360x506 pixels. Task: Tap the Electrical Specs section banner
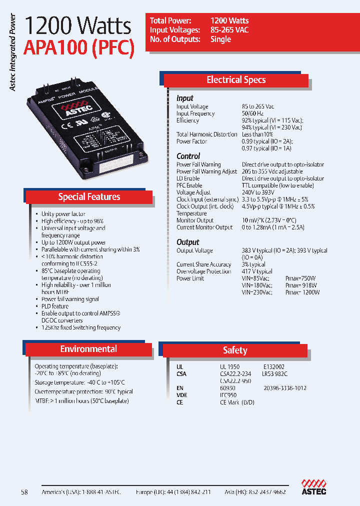coord(236,80)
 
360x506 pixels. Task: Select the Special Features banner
coord(89,197)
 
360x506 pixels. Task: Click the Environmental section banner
coord(88,349)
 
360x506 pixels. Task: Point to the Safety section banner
coord(235,350)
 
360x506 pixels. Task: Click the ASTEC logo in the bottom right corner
coord(313,487)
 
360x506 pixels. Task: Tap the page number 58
coord(24,492)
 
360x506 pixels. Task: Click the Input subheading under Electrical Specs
coord(184,98)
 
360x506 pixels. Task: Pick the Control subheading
coord(188,156)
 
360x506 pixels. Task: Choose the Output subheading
coord(187,242)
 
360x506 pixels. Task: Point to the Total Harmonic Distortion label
coord(206,134)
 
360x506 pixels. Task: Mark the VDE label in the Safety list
coord(182,395)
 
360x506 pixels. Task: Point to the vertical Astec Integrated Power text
coord(13,52)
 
